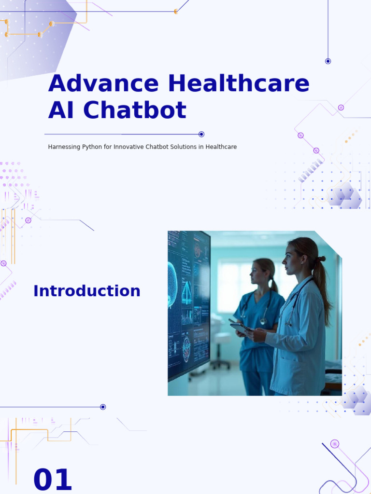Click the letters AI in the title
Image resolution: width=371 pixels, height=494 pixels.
[63, 110]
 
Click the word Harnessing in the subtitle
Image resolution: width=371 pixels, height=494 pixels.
[63, 147]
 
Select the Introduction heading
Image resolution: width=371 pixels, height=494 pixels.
[87, 291]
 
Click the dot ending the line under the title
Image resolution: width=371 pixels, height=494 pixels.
[201, 134]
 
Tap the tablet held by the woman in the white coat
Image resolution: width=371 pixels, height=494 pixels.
[241, 328]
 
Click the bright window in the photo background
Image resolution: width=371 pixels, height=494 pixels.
[232, 285]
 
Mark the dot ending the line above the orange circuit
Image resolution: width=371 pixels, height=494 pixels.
[103, 407]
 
